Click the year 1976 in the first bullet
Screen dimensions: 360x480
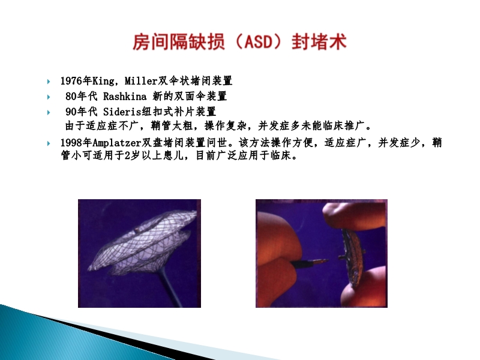70,81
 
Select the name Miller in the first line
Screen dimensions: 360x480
140,81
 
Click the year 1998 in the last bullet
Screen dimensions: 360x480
70,143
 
